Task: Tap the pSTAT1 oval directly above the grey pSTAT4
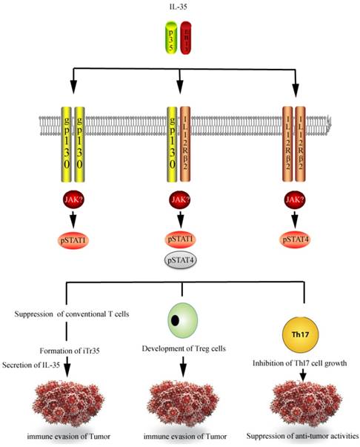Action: (180, 240)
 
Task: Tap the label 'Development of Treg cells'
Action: (180, 348)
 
